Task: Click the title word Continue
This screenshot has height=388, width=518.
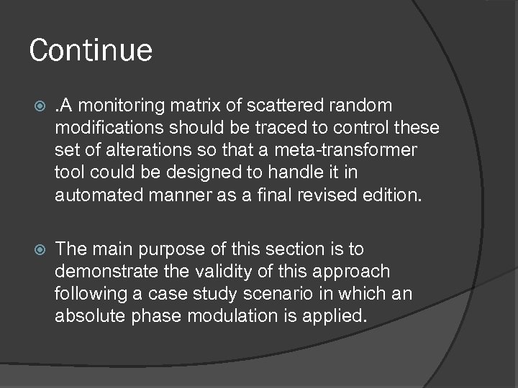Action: click(91, 51)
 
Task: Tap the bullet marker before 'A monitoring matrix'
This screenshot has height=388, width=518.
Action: click(39, 106)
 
